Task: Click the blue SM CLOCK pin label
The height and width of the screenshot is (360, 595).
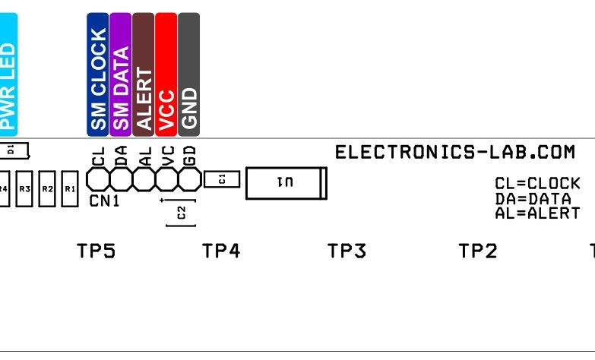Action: pyautogui.click(x=98, y=74)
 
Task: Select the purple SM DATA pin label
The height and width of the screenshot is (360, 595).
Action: pyautogui.click(x=121, y=74)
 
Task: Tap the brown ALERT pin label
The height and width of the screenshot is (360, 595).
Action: pyautogui.click(x=144, y=74)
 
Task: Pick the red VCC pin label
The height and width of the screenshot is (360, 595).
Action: pyautogui.click(x=166, y=74)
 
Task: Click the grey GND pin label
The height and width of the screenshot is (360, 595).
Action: pyautogui.click(x=188, y=74)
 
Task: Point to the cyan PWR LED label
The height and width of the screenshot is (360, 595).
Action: pyautogui.click(x=8, y=74)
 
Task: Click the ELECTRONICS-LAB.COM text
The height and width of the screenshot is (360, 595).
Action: pyautogui.click(x=454, y=153)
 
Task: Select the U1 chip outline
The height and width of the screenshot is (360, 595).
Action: pyautogui.click(x=286, y=184)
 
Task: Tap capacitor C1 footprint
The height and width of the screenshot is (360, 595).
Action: pyautogui.click(x=222, y=179)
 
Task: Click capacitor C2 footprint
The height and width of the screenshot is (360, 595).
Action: pyautogui.click(x=181, y=213)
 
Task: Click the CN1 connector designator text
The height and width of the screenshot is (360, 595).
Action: pyautogui.click(x=104, y=201)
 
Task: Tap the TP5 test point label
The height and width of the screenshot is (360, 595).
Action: pyautogui.click(x=96, y=251)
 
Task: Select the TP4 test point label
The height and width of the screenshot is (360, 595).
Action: pyautogui.click(x=221, y=251)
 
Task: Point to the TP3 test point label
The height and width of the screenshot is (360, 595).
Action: pyautogui.click(x=347, y=251)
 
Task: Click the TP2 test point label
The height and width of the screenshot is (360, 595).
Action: pyautogui.click(x=478, y=251)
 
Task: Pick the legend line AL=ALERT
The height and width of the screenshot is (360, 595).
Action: pyautogui.click(x=537, y=213)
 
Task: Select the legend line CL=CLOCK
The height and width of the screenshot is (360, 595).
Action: pyautogui.click(x=537, y=184)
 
